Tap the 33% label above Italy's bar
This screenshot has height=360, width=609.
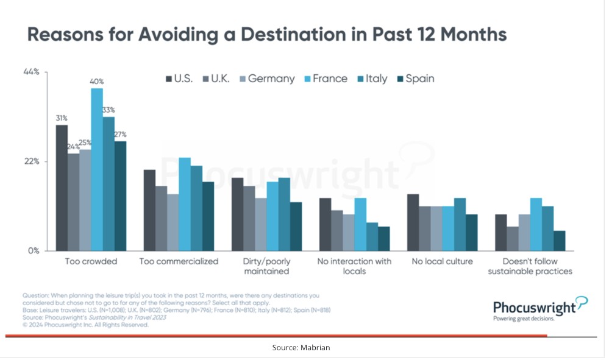[x=109, y=110]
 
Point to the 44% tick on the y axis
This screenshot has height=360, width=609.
[x=31, y=72]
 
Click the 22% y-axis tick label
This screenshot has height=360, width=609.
[x=31, y=161]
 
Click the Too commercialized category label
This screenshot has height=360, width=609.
[x=179, y=261]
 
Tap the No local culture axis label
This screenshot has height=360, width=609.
[x=443, y=261]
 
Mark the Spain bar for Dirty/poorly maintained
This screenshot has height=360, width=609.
[x=296, y=226]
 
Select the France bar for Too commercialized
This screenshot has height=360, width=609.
[x=185, y=204]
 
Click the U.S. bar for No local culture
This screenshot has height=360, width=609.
[x=413, y=222]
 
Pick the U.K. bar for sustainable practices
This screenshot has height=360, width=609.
[x=513, y=238]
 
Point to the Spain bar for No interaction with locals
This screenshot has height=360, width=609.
[x=383, y=238]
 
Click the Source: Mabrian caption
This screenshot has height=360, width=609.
[x=301, y=347]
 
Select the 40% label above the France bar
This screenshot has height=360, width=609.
[x=97, y=81]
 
